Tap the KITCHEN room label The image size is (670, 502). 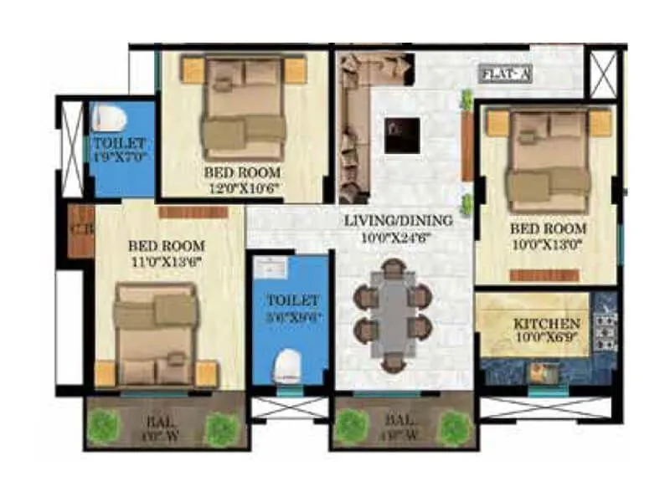(547, 323)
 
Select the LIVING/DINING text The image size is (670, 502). (399, 221)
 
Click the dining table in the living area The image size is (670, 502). (392, 313)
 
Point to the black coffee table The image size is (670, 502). (402, 135)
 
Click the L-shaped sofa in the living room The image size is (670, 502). (356, 117)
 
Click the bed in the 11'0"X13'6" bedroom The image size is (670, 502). (156, 335)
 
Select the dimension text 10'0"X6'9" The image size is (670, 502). (547, 337)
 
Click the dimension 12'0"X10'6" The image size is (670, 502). (243, 188)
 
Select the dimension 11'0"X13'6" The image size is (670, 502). (166, 261)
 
